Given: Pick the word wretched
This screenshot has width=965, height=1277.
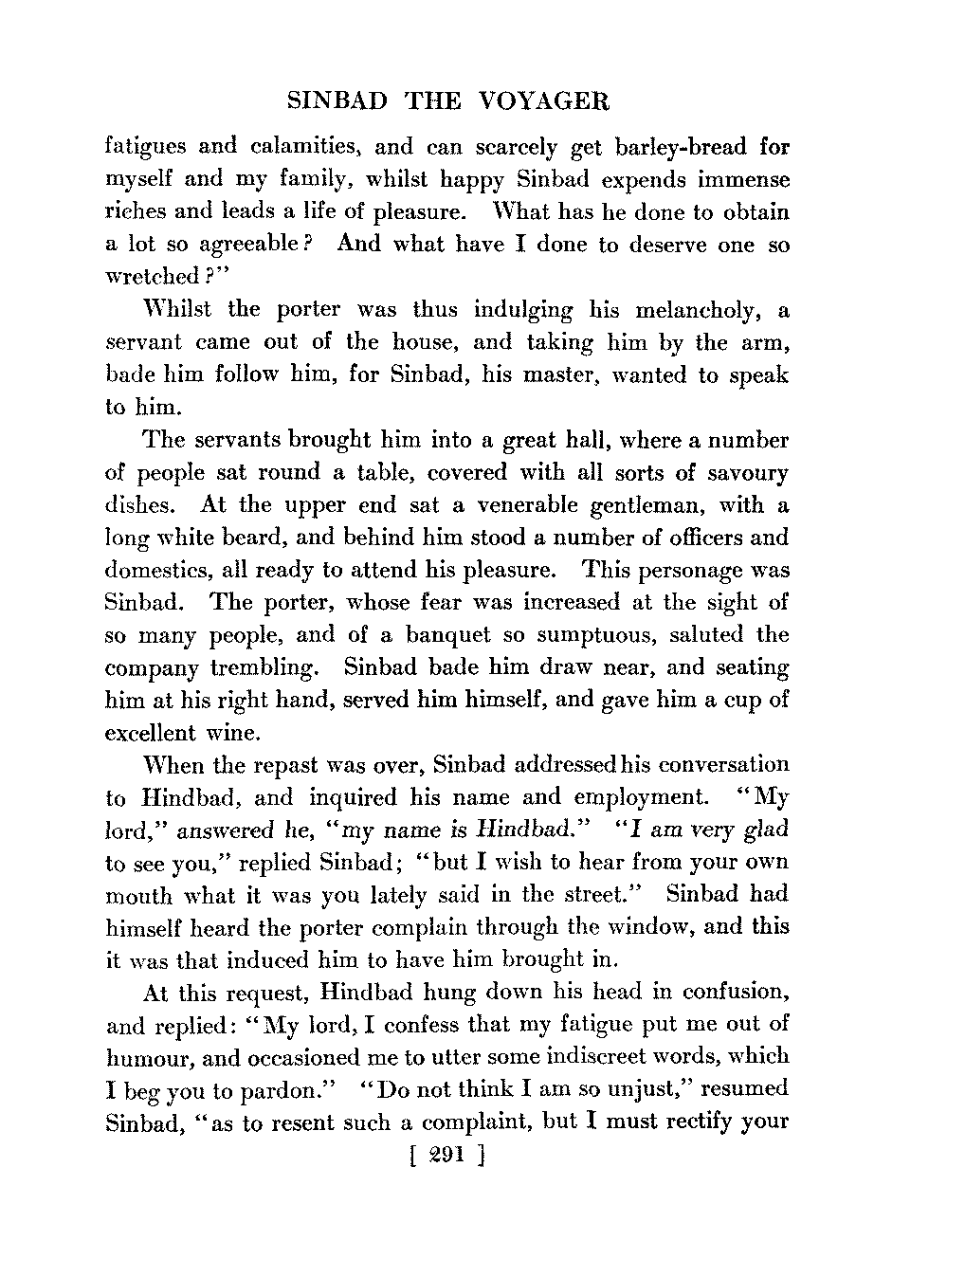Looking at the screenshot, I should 152,278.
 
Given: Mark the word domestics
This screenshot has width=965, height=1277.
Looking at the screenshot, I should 156,571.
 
